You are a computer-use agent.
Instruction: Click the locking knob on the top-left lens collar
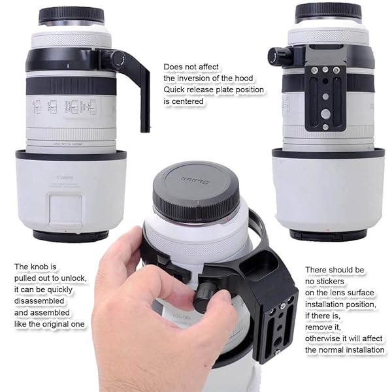click(x=118, y=59)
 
